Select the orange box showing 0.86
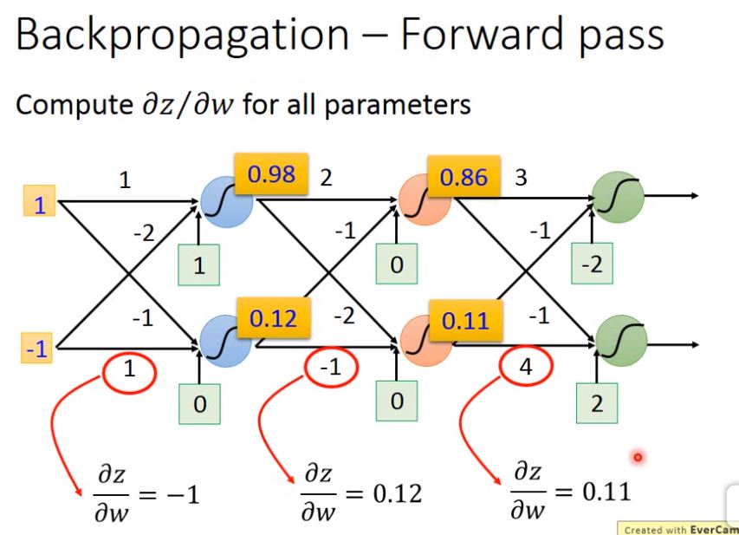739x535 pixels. [x=463, y=179]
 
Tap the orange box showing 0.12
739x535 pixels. [x=273, y=319]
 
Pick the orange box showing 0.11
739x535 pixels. [x=465, y=321]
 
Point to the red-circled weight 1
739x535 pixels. [x=130, y=370]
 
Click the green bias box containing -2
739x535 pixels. [x=593, y=264]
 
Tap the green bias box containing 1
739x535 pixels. [x=199, y=266]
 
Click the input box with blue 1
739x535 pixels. [x=39, y=205]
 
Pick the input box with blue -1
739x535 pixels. [x=36, y=349]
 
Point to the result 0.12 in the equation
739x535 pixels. [x=396, y=494]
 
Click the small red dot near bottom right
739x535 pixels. [x=639, y=457]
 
